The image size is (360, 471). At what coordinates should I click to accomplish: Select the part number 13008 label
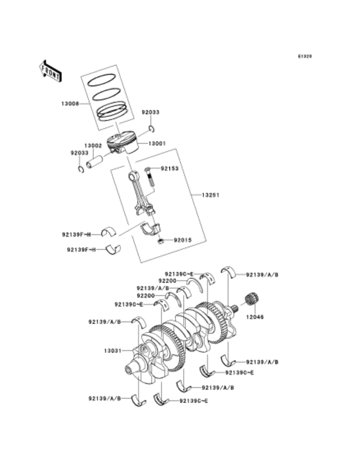coord(71,103)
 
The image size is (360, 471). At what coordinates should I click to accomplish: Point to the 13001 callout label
coord(157,144)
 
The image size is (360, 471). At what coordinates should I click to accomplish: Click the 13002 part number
coord(93,146)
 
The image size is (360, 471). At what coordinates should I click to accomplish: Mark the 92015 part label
coord(182,241)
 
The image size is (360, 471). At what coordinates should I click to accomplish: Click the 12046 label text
coord(254,317)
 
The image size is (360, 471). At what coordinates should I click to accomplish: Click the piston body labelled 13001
coord(122,145)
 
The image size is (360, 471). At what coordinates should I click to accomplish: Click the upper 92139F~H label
coord(76,233)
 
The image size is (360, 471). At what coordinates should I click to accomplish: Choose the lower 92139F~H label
coord(80,249)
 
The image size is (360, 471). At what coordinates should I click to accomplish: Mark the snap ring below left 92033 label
coord(81,169)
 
